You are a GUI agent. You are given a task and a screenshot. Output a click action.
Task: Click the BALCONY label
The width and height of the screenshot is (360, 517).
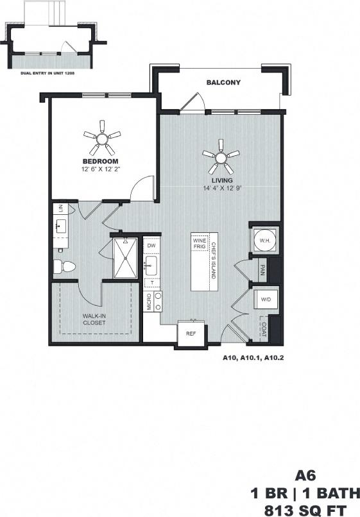tap(223, 83)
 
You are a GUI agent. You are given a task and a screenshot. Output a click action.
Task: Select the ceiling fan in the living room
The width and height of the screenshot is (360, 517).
tap(221, 156)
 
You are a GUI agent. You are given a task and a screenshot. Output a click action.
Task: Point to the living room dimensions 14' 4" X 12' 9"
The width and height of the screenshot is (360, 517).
tap(221, 189)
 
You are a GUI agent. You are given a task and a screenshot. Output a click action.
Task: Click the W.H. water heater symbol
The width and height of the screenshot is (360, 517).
tap(264, 241)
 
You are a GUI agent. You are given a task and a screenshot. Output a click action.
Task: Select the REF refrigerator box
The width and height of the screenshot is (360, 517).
tap(191, 334)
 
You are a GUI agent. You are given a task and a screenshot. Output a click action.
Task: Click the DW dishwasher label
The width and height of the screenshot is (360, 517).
tap(151, 246)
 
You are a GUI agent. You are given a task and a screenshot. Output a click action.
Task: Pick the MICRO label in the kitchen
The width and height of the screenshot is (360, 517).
tap(148, 302)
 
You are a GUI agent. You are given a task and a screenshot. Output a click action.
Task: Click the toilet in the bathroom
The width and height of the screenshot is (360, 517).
tap(65, 266)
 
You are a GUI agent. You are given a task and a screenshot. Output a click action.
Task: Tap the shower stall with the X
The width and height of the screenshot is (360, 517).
tap(125, 258)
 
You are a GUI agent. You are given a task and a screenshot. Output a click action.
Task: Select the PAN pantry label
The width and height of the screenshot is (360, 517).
tap(262, 269)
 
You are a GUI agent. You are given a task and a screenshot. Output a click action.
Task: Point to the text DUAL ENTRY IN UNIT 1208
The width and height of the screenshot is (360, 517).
tap(52, 73)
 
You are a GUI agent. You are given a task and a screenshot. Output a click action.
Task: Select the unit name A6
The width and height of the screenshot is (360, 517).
tap(307, 475)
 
